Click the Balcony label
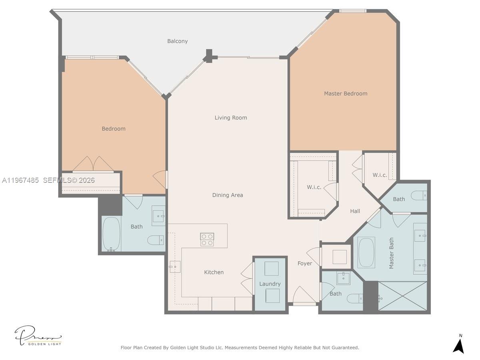coord(177,41)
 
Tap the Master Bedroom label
coord(346,94)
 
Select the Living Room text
coord(231,118)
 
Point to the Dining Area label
coord(228,195)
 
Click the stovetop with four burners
coord(207,239)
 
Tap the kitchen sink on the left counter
coord(175,266)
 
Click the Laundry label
coord(270,284)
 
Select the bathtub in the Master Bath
coord(366,253)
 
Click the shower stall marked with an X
coord(402,296)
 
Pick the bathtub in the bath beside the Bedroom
coord(111,234)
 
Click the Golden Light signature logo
coord(38,336)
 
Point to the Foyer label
coord(305,263)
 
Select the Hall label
coord(355,211)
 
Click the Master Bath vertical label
coord(392,253)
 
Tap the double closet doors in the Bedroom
coord(93,164)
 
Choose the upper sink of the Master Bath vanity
coord(420,236)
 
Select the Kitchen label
coord(214,272)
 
